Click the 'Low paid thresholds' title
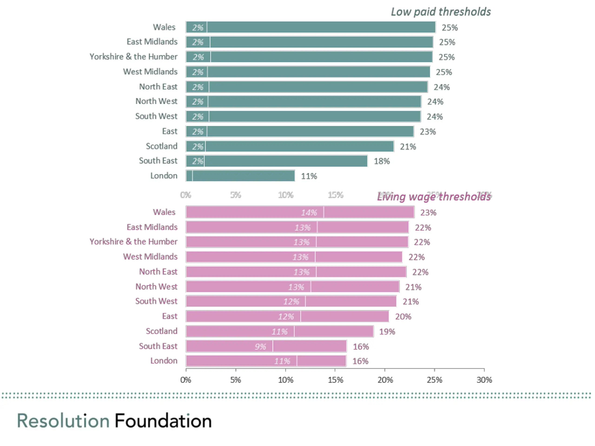pos(441,12)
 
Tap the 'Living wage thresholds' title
pos(434,197)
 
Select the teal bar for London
pos(240,176)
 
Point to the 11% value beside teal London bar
pos(309,176)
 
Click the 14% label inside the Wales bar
pos(309,213)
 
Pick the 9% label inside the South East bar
pos(260,347)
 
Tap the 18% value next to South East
pos(382,161)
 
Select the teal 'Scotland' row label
pos(162,146)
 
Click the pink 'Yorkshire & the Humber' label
pos(133,242)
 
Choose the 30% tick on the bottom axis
pos(484,380)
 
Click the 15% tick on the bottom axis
pos(335,380)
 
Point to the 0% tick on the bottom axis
pos(186,380)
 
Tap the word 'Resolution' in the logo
pos(63,421)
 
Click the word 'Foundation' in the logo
pos(163,421)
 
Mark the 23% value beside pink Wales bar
pos(428,213)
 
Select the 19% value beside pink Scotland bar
pos(387,332)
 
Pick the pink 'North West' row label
pos(156,287)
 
